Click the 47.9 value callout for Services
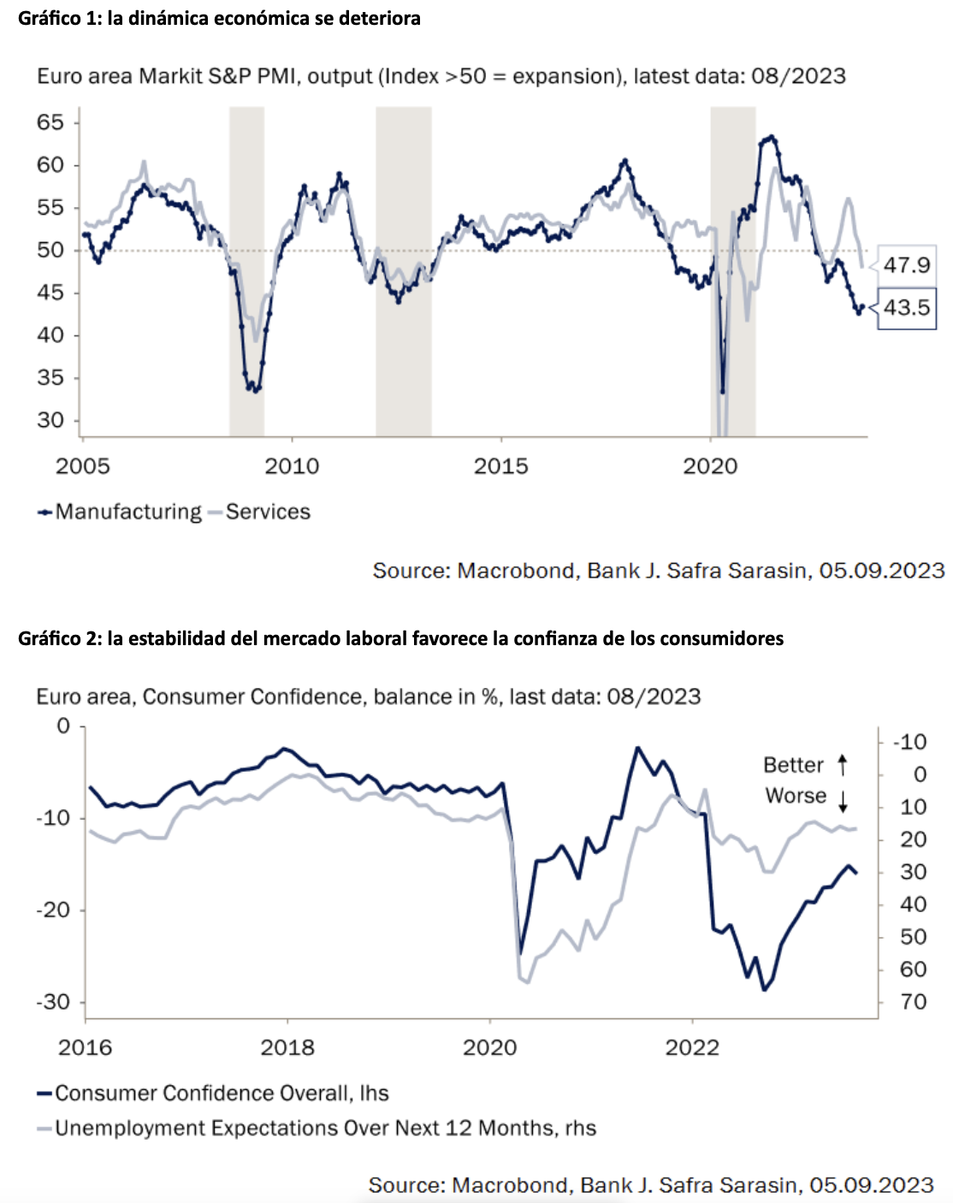click(906, 265)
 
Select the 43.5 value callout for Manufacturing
click(906, 308)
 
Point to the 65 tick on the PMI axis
click(50, 122)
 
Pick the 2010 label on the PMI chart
click(292, 466)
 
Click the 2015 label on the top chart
click(501, 466)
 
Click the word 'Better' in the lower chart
click(793, 765)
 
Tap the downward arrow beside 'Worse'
click(843, 801)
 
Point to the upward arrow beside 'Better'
click(843, 764)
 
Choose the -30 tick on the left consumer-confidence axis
click(52, 1002)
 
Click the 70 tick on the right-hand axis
click(914, 1002)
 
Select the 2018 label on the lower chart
click(287, 1047)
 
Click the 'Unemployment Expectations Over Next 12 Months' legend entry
click(325, 1129)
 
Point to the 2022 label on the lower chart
click(692, 1047)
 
